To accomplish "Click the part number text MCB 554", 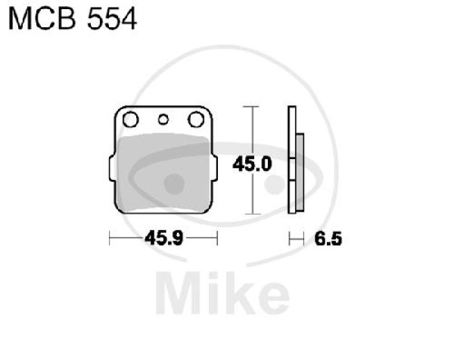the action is click(73, 19).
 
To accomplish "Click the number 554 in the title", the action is click(112, 19).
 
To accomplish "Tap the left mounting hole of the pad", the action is click(131, 119).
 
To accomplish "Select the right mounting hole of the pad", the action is click(196, 119).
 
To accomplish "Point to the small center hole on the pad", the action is click(163, 119).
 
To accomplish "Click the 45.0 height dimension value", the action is click(252, 164).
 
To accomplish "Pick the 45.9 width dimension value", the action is click(164, 238).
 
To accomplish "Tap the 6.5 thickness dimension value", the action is click(329, 238).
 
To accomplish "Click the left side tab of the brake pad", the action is click(112, 169).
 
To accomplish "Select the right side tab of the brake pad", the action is click(215, 169).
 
